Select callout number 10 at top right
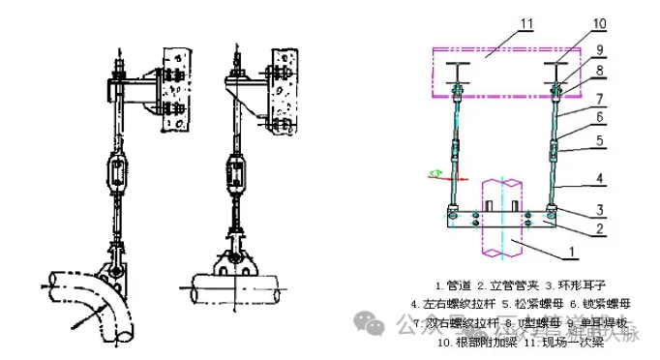[x=599, y=23]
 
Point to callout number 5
[x=599, y=140]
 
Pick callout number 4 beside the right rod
[x=599, y=178]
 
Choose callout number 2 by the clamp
[x=599, y=228]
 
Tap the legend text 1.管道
[x=453, y=285]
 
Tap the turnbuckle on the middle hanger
[x=235, y=174]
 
